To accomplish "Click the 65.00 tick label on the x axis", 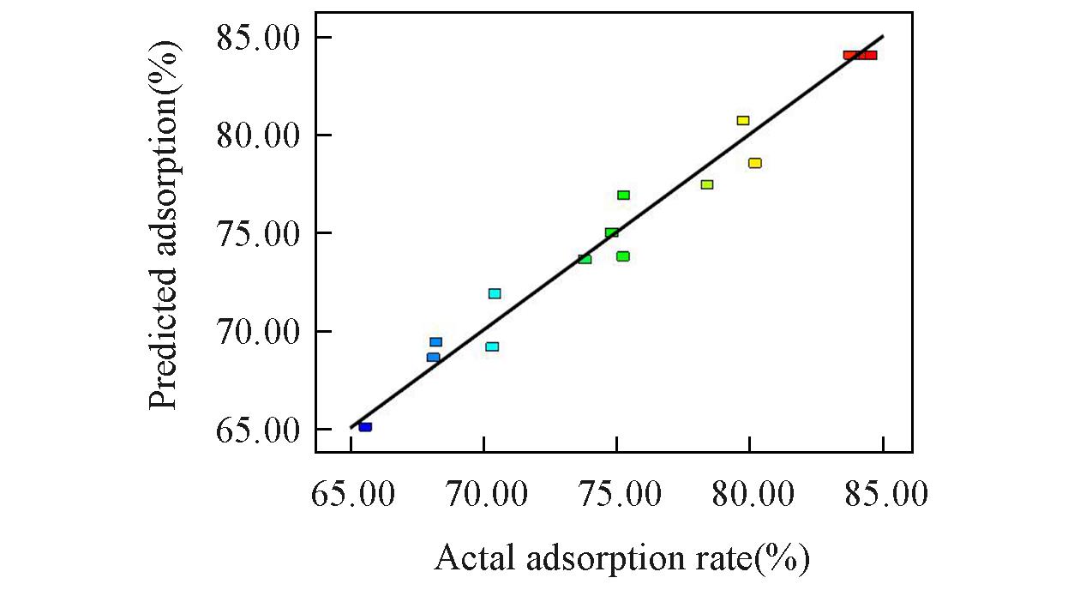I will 351,494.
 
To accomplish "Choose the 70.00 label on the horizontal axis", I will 484,494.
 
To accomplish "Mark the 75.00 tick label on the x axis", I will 617,494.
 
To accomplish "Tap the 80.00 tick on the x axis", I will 750,494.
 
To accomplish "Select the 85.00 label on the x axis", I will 883,494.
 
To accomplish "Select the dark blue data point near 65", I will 365,426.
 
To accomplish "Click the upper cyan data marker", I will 495,293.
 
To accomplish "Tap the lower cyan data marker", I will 492,346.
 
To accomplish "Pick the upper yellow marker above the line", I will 743,120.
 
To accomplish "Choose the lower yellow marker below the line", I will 754,163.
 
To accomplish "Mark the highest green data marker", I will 623,196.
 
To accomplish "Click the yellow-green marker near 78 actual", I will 707,184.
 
